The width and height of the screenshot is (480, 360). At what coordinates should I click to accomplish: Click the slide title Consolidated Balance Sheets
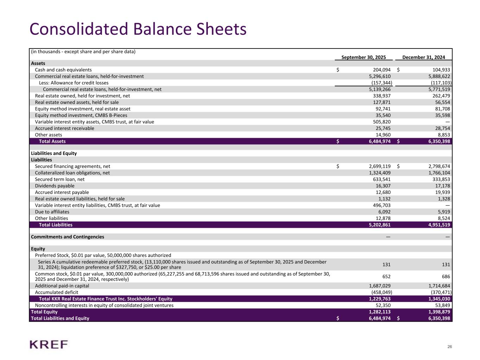tap(138, 29)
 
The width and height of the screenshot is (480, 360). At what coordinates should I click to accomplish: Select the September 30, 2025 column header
tap(364, 57)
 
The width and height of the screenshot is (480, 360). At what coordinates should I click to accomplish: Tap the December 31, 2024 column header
tap(423, 57)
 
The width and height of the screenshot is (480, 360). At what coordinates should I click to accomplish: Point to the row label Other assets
tap(49, 135)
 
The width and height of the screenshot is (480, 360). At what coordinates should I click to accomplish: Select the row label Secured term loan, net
tap(60, 179)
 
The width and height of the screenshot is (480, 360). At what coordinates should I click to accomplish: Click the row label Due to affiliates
tap(52, 212)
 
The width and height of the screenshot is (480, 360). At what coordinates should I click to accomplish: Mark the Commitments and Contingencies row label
tap(68, 237)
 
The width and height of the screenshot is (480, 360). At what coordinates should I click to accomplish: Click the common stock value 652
tap(386, 277)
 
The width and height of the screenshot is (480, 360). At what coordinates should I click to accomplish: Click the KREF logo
tap(49, 345)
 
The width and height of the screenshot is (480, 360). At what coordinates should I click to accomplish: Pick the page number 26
tap(449, 347)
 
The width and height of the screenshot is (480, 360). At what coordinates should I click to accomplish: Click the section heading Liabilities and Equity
tap(54, 153)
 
